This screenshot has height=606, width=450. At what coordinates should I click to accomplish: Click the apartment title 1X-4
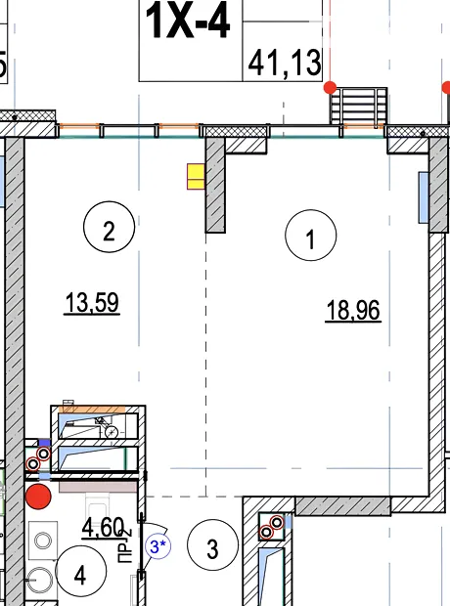[188, 22]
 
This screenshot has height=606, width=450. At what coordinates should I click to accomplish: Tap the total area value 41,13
[285, 63]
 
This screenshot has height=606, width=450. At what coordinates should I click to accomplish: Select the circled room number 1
[311, 235]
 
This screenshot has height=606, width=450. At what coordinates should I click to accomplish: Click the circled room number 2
[110, 227]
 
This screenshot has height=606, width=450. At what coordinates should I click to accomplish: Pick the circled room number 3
[212, 545]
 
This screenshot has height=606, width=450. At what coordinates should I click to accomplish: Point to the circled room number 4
[80, 571]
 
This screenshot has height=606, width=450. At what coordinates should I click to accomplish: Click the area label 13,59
[92, 303]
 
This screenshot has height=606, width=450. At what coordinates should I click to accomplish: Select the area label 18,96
[353, 311]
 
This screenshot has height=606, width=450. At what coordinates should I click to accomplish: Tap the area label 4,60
[103, 528]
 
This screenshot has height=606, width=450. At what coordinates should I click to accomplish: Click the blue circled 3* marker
[157, 546]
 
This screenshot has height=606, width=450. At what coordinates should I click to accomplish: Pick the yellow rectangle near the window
[196, 176]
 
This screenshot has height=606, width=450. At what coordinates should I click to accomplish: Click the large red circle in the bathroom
[38, 497]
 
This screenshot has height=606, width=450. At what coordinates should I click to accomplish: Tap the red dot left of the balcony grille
[330, 87]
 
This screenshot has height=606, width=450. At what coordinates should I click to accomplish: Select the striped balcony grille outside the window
[358, 106]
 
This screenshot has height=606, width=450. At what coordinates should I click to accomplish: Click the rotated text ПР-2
[126, 546]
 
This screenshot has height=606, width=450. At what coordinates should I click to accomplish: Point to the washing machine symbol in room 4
[43, 541]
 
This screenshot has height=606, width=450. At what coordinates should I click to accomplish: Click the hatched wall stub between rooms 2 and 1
[215, 185]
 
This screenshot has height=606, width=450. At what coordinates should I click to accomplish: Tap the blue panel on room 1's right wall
[424, 197]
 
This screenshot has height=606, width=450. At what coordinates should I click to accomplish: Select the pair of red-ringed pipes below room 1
[272, 528]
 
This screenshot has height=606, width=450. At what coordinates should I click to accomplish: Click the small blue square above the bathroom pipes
[44, 443]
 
